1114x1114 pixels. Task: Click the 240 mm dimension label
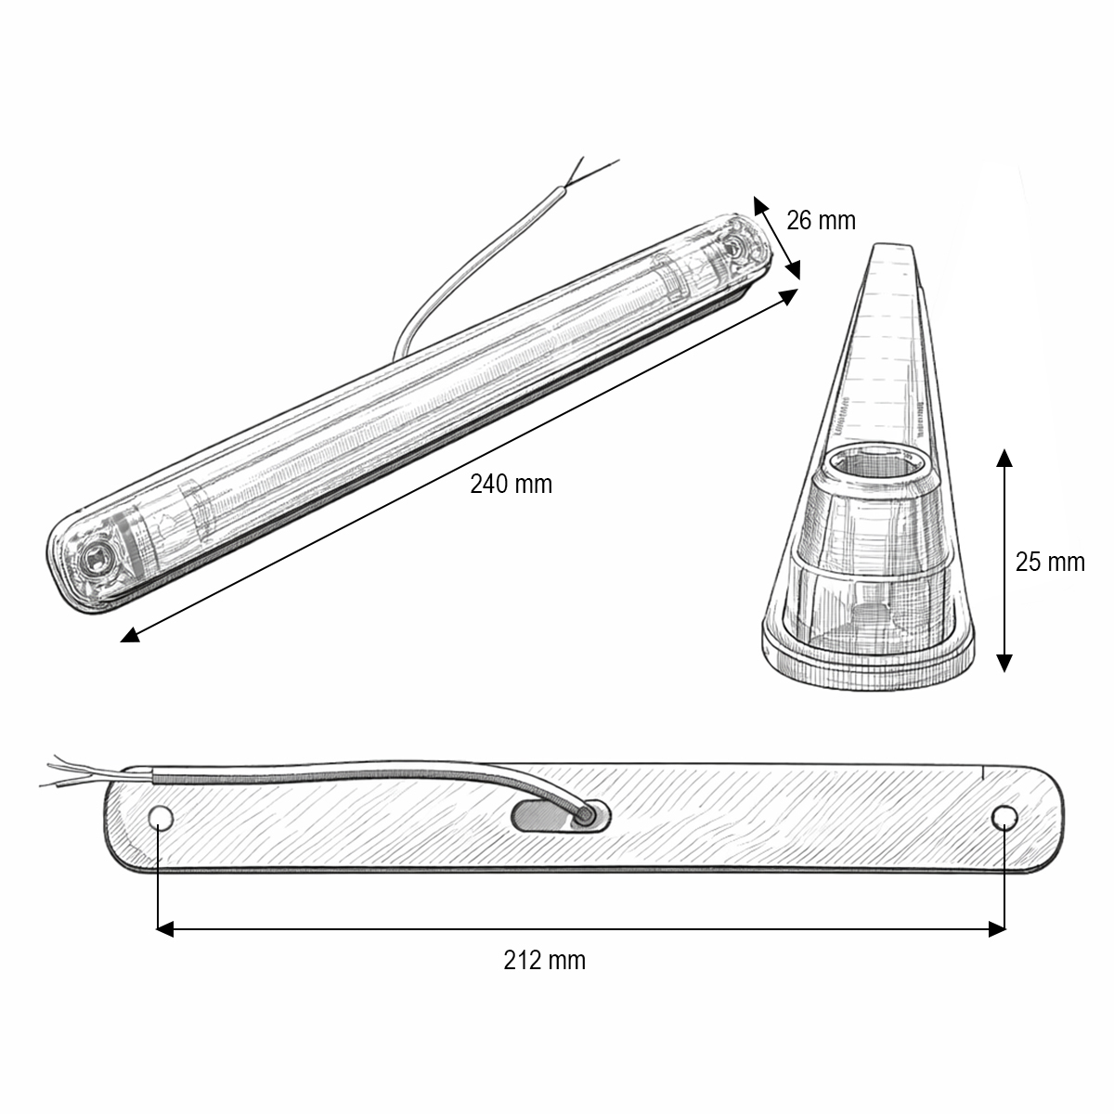[x=511, y=484]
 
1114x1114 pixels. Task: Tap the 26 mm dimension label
[x=821, y=220]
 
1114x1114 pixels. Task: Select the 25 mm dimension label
[x=1049, y=562]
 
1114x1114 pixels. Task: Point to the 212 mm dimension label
[x=545, y=959]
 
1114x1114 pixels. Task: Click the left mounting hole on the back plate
[x=161, y=818]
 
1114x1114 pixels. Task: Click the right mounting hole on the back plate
[x=1003, y=817]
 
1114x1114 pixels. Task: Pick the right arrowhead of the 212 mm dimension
[x=998, y=928]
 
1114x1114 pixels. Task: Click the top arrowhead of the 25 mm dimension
[x=1004, y=457]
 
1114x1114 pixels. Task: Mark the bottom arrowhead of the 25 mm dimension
[x=1004, y=662]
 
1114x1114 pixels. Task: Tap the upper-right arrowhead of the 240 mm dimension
[x=789, y=295]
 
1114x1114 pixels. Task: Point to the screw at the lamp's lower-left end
[x=93, y=559]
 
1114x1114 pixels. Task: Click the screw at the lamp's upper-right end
[x=735, y=247]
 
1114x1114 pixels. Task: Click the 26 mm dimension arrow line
[x=777, y=238]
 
